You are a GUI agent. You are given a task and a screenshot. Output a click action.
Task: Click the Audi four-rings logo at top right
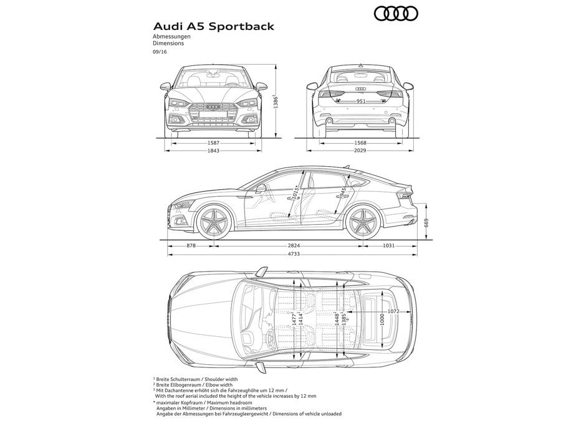click(395, 13)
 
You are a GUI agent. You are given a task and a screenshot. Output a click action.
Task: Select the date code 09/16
click(160, 52)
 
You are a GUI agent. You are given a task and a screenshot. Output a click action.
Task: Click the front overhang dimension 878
click(191, 246)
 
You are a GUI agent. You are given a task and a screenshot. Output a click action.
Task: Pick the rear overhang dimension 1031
click(389, 246)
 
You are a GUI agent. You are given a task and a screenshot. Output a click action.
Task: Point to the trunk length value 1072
click(392, 311)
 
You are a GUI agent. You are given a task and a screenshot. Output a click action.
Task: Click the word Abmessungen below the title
click(171, 38)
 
